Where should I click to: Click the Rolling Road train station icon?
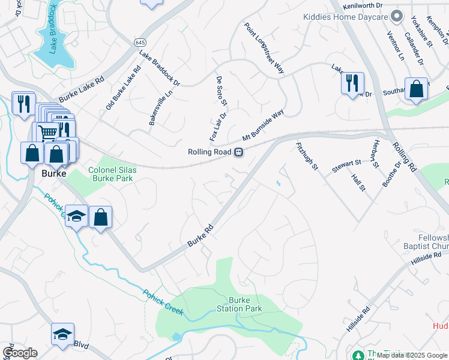[238, 152]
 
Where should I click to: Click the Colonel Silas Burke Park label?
[113, 174]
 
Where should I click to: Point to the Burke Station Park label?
[244, 304]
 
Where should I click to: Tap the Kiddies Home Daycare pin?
[396, 16]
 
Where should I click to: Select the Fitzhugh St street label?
[306, 156]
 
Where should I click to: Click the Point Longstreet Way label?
[264, 48]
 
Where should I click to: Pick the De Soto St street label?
[219, 89]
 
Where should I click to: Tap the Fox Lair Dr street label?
[218, 127]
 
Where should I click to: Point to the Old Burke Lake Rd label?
[123, 88]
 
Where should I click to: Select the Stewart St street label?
[346, 163]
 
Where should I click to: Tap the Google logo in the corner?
[20, 352]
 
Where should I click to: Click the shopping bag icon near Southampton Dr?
[416, 89]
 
